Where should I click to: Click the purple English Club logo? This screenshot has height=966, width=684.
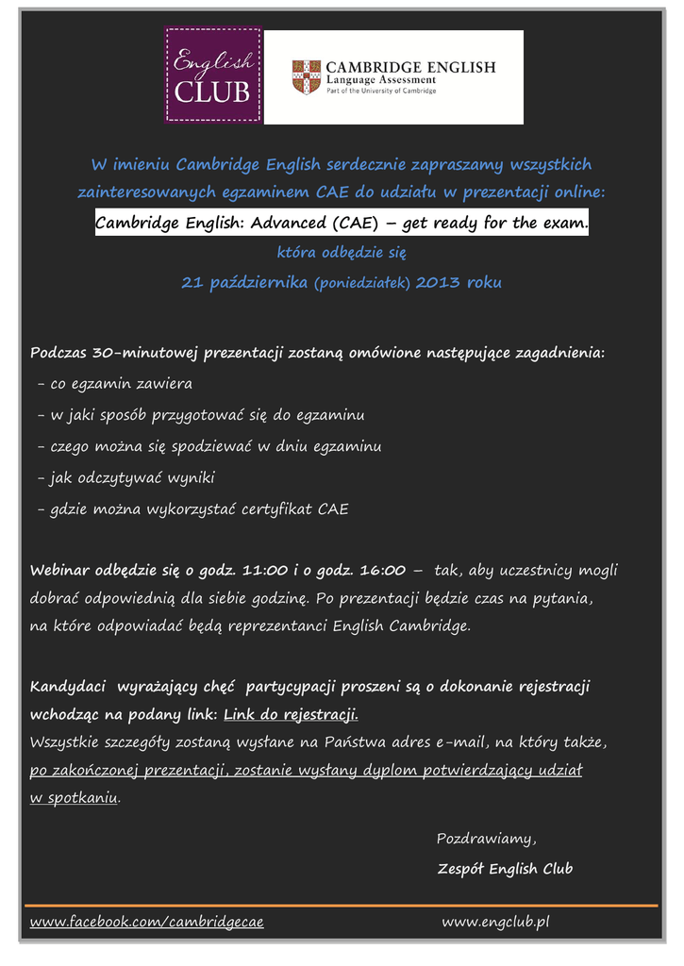click(x=213, y=75)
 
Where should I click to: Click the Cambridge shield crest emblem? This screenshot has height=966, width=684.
click(x=306, y=76)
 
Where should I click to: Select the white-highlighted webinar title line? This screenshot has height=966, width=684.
click(x=342, y=224)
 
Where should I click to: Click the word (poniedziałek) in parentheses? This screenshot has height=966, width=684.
click(x=362, y=284)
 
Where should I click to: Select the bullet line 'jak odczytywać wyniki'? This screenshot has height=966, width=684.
click(x=126, y=478)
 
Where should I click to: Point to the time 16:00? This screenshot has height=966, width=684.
click(x=382, y=571)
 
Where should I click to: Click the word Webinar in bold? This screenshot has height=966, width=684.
click(x=60, y=571)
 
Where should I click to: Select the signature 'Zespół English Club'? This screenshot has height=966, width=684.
click(x=505, y=869)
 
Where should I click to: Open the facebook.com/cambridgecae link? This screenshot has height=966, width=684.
click(x=147, y=922)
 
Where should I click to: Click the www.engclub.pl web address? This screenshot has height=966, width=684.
click(x=495, y=922)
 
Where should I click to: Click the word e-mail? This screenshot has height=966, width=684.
click(x=461, y=742)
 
